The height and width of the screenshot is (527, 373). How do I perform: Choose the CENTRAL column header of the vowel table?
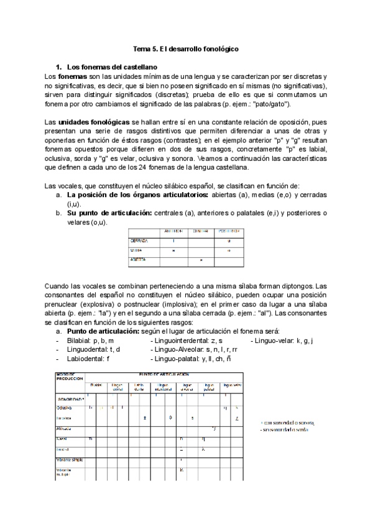tap(201, 231)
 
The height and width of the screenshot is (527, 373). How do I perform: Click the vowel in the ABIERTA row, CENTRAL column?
tap(201, 260)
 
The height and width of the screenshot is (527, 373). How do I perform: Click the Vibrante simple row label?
tap(70, 460)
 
